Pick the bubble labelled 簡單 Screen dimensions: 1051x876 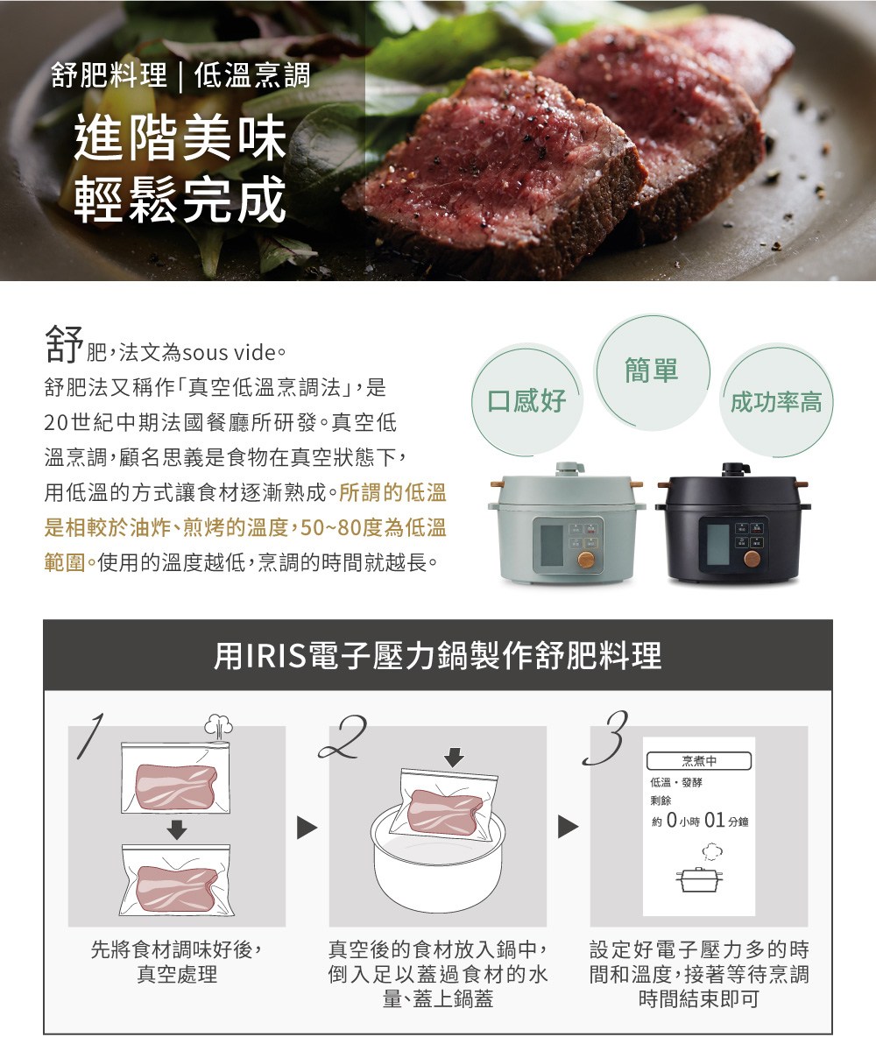[x=652, y=370]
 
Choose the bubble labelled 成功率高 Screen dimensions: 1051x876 [x=775, y=402]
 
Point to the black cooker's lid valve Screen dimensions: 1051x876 [x=731, y=469]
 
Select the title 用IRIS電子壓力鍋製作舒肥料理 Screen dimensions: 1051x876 [x=437, y=655]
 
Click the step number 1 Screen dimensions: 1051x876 [x=95, y=732]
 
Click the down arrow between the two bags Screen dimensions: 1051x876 [x=176, y=828]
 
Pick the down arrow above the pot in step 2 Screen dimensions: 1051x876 [x=453, y=756]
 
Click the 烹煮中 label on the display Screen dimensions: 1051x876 [x=698, y=760]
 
